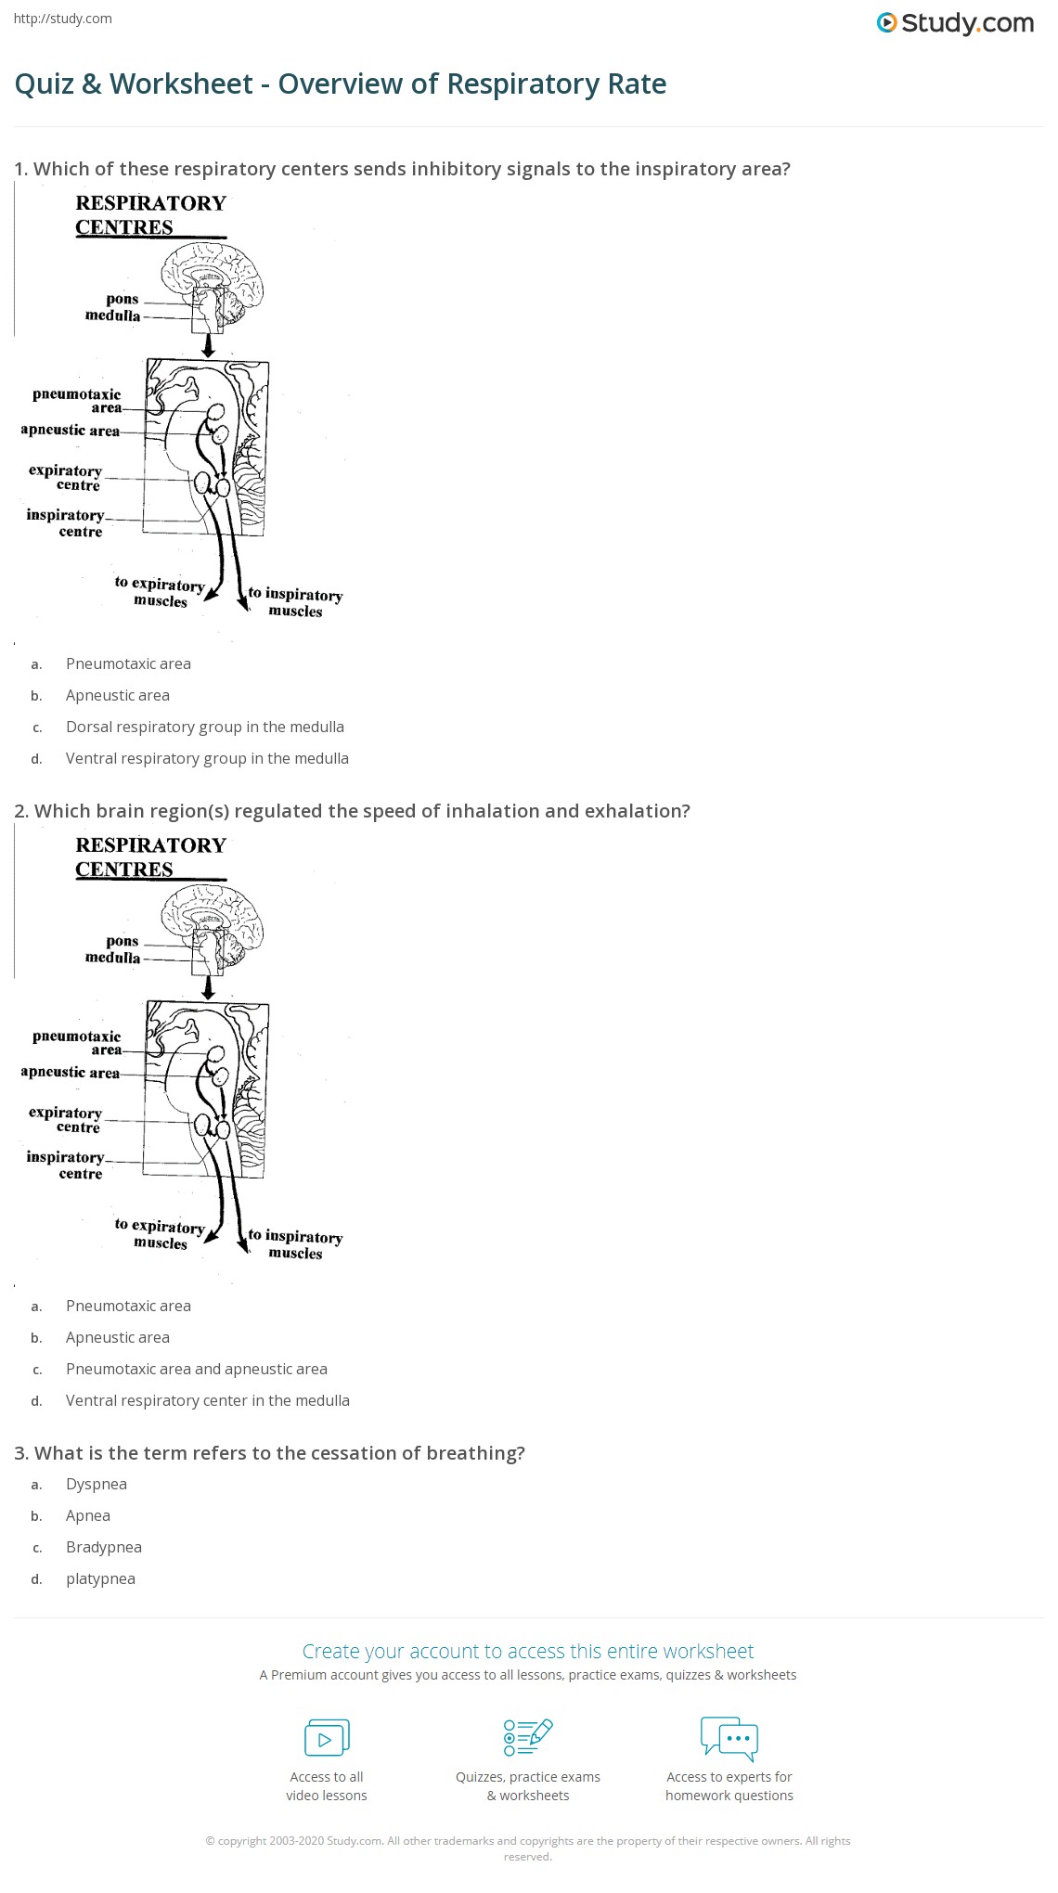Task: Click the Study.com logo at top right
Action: pyautogui.click(x=955, y=23)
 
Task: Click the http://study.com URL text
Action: pyautogui.click(x=62, y=19)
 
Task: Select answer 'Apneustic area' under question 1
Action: pyautogui.click(x=117, y=695)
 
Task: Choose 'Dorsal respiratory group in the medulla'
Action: pyautogui.click(x=204, y=727)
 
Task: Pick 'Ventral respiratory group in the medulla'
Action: pyautogui.click(x=207, y=758)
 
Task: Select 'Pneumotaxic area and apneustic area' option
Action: pyautogui.click(x=196, y=1369)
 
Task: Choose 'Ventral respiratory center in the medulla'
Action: pyautogui.click(x=207, y=1400)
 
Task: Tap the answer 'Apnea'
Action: pyautogui.click(x=88, y=1515)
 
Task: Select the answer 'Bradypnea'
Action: pyautogui.click(x=103, y=1547)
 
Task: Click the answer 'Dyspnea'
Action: pyautogui.click(x=96, y=1484)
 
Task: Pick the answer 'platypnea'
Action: pyautogui.click(x=100, y=1578)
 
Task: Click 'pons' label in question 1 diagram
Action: pyautogui.click(x=122, y=299)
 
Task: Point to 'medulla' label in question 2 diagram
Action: pyautogui.click(x=112, y=958)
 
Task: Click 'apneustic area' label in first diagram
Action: pyautogui.click(x=71, y=431)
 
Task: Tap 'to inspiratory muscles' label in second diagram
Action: pyautogui.click(x=294, y=1244)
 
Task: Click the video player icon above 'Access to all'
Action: pyautogui.click(x=327, y=1737)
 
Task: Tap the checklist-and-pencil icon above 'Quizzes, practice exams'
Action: pyautogui.click(x=527, y=1737)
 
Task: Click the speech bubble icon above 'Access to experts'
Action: pyautogui.click(x=729, y=1737)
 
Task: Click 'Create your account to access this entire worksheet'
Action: pyautogui.click(x=527, y=1651)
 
